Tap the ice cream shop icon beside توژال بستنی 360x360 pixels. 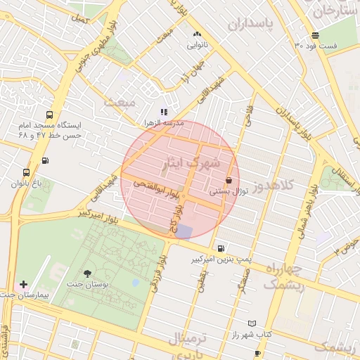coord(229,181)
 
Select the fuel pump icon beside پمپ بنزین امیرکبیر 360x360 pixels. coord(221,248)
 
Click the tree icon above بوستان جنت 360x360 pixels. coord(87,273)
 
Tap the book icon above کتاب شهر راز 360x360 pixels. coord(252,323)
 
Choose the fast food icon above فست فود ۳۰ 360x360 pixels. coord(315,35)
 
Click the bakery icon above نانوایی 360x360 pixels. coord(196,34)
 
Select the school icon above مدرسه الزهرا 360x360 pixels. coord(164,112)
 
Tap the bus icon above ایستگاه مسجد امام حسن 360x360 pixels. coord(49,115)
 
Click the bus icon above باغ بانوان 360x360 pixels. coord(27,172)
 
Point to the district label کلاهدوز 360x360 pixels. coord(281,186)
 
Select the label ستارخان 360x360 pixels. coord(336,10)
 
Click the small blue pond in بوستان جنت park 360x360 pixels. coord(135,283)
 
